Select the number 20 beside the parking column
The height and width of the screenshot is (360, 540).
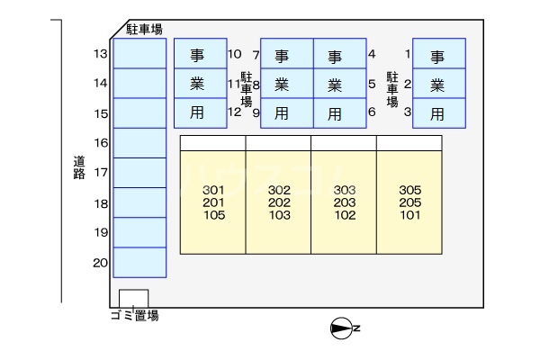click(x=100, y=263)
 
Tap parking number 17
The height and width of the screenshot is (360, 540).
click(x=100, y=173)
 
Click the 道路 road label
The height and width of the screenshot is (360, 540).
click(x=79, y=167)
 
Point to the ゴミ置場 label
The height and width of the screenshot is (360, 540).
click(x=134, y=316)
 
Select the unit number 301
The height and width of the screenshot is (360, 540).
click(x=213, y=190)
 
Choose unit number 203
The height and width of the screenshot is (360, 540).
click(x=345, y=202)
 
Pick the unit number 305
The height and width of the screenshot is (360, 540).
click(x=409, y=190)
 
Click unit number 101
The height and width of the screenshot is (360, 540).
click(x=409, y=215)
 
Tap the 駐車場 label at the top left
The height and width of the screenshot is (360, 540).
click(x=144, y=30)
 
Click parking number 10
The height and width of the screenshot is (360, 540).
click(x=235, y=54)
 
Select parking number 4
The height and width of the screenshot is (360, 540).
click(x=372, y=54)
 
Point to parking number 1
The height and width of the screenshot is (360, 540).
click(x=408, y=54)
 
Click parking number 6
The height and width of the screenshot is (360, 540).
click(x=372, y=112)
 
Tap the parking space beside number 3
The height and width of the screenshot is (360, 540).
click(x=439, y=113)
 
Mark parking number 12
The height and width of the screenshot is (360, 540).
click(x=235, y=112)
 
